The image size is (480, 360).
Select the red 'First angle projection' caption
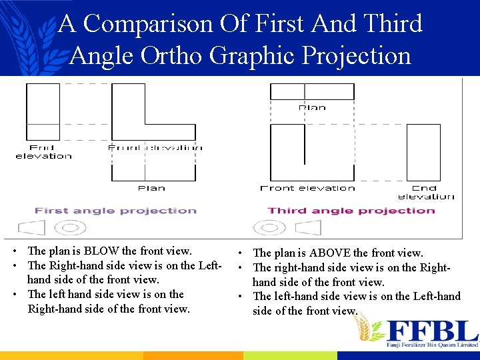pyautogui.click(x=115, y=211)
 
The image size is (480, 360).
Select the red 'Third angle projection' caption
pyautogui.click(x=351, y=211)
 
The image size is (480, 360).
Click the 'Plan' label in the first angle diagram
pyautogui.click(x=151, y=188)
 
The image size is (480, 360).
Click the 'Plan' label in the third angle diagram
pyautogui.click(x=312, y=107)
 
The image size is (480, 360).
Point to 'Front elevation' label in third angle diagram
pyautogui.click(x=307, y=188)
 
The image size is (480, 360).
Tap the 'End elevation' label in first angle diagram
pyautogui.click(x=43, y=152)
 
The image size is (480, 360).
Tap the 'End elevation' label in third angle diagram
pyautogui.click(x=425, y=192)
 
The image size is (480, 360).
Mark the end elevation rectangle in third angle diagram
pyautogui.click(x=423, y=153)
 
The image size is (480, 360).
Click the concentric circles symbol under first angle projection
pyautogui.click(x=70, y=228)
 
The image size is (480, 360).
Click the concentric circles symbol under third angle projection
pyautogui.click(x=270, y=228)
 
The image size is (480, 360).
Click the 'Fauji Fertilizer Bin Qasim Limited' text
pyautogui.click(x=433, y=345)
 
